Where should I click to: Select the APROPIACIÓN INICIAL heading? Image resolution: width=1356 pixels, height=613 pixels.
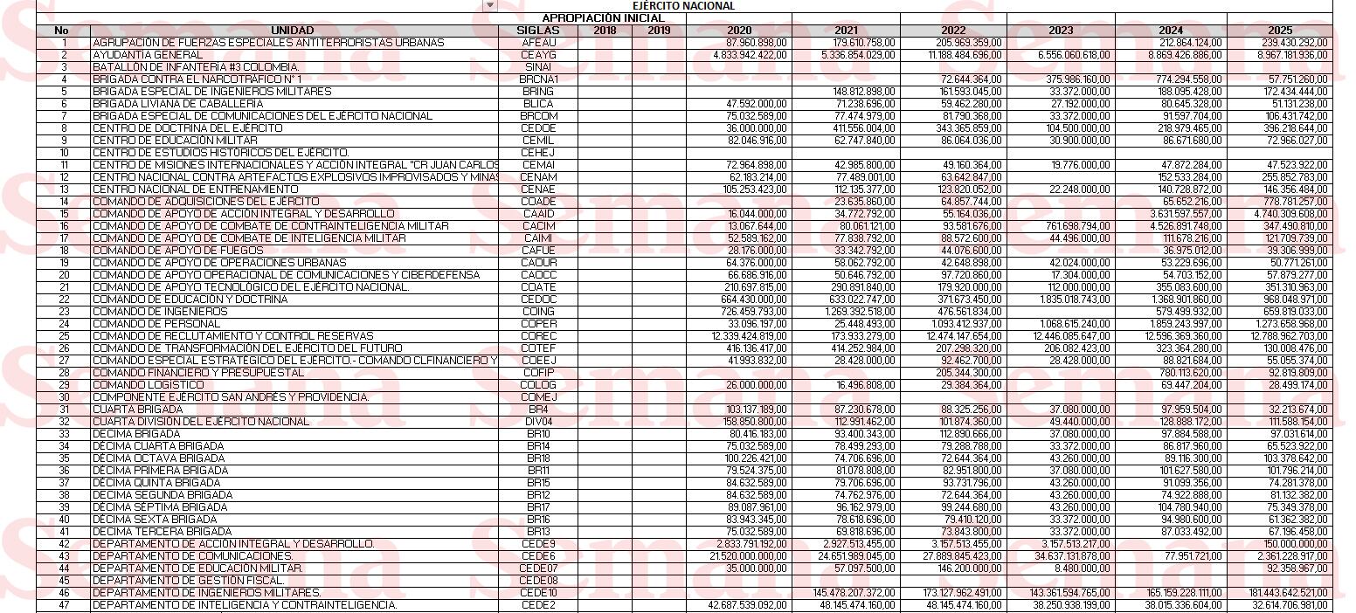coord(603,17)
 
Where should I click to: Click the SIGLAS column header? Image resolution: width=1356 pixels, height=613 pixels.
coord(538,30)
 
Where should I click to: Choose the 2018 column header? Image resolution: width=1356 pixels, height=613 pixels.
coord(604,30)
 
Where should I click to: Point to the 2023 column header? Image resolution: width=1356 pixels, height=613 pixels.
coord(1061,30)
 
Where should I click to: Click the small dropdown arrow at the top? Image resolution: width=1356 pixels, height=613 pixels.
coord(490,5)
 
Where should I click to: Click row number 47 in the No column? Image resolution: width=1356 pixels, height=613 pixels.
coord(63,604)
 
